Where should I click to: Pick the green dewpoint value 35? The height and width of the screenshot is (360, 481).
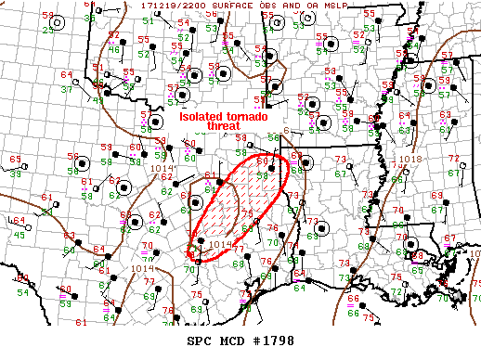(89, 18)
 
